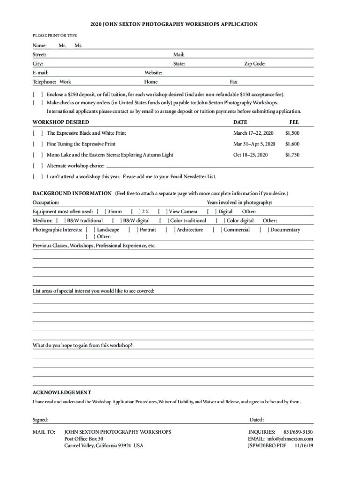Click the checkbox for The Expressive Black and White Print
[38, 133]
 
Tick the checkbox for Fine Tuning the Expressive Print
[38, 144]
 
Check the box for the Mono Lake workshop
[38, 155]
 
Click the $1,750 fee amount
[292, 155]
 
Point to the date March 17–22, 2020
[253, 133]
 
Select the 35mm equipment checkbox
[101, 212]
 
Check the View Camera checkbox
[163, 212]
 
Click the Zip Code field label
[255, 64]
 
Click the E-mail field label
[41, 73]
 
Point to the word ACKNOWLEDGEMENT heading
[62, 392]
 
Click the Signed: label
[40, 420]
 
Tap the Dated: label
[257, 420]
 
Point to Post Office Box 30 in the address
[84, 439]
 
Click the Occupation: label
[46, 203]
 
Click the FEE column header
[294, 122]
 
